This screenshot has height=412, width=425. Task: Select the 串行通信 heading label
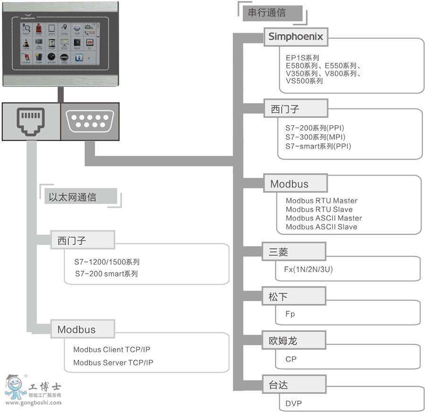267,13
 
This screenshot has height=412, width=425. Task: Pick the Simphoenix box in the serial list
296,36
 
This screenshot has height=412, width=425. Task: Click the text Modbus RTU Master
321,201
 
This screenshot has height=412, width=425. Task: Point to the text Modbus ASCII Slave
321,227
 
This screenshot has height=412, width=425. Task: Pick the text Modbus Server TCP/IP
113,363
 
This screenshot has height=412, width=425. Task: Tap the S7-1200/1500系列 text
107,262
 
